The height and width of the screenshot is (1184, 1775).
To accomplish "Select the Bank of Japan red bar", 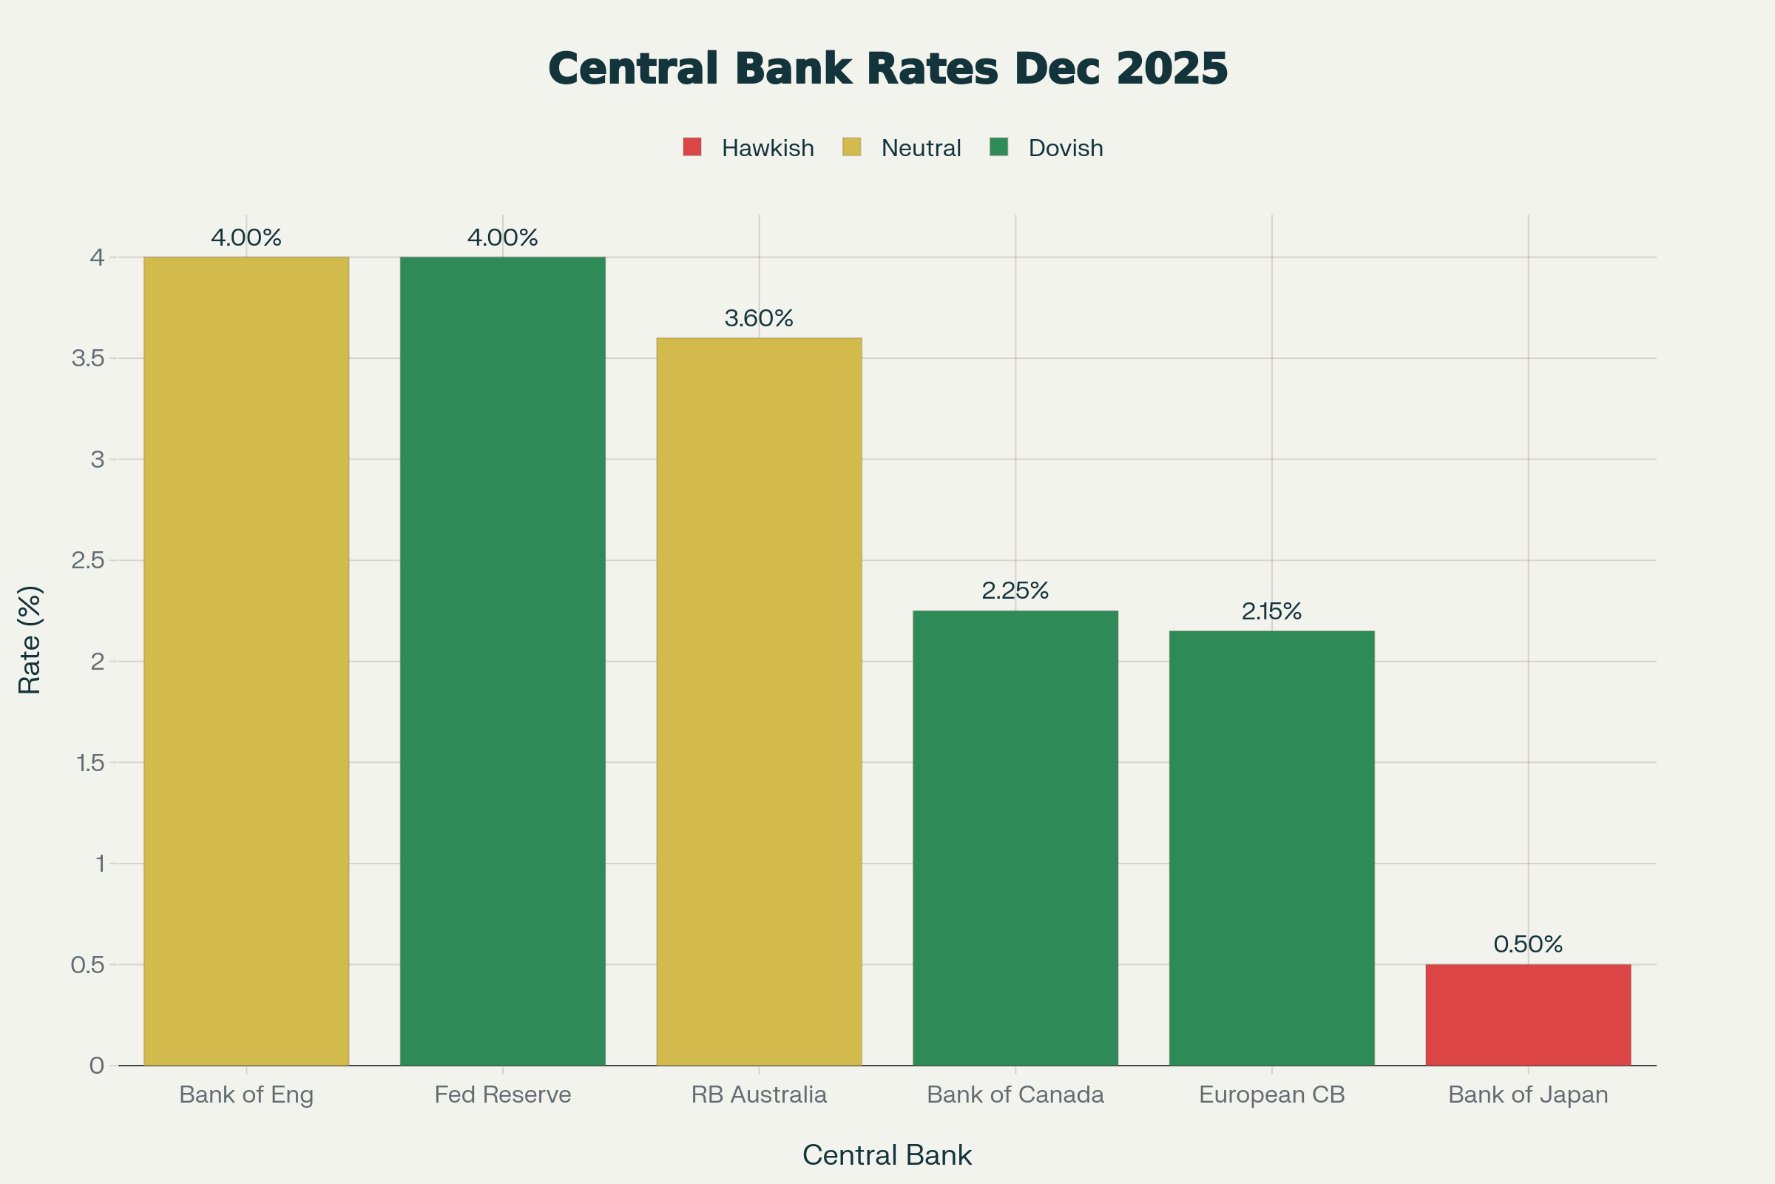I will coord(1528,1015).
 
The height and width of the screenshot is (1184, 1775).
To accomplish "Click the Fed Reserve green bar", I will coord(503,661).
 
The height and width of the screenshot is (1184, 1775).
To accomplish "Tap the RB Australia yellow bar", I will coord(759,702).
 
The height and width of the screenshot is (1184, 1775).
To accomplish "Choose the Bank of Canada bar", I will coord(1015,838).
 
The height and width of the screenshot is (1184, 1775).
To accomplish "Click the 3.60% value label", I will coord(759,319).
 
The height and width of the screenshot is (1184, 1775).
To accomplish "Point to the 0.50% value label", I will coord(1528,945).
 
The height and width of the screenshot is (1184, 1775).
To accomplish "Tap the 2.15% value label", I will coord(1271,612).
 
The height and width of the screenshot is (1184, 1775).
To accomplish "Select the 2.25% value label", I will coord(1015,591).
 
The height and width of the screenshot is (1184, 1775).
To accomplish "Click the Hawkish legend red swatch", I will coord(692,147).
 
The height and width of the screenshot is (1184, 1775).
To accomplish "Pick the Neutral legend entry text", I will coord(921,148).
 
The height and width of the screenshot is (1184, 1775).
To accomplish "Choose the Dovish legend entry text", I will coord(1066,148).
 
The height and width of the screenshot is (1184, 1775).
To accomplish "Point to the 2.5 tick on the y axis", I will coord(87,560).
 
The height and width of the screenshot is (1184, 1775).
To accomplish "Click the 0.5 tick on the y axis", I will coord(87,965).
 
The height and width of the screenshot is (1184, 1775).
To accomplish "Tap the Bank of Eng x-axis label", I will coord(246,1095).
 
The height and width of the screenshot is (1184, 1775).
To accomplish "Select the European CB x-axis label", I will coord(1271,1095).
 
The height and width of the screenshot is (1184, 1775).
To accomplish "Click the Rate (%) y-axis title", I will coord(30,639).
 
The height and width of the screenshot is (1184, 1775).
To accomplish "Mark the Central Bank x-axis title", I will coord(887,1155).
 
